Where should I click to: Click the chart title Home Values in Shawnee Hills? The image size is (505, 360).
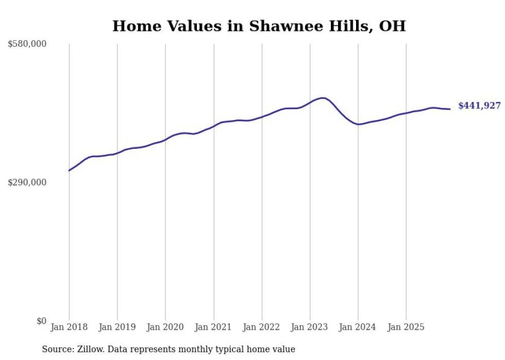(259, 26)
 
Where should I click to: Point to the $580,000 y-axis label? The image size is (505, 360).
(27, 44)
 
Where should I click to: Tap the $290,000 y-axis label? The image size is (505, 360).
(27, 182)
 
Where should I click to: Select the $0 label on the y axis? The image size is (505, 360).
(41, 321)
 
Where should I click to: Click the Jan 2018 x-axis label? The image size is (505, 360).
(69, 327)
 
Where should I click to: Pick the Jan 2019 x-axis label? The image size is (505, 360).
(117, 327)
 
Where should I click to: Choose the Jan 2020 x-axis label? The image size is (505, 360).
(165, 327)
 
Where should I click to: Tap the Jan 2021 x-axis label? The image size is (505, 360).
(213, 327)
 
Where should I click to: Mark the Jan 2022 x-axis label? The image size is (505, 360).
(262, 327)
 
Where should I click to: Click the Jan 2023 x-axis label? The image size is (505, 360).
(310, 327)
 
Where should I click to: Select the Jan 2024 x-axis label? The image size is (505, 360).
(358, 327)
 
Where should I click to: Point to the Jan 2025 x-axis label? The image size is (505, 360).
(406, 327)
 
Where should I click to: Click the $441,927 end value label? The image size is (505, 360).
(479, 106)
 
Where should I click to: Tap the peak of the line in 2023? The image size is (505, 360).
(323, 98)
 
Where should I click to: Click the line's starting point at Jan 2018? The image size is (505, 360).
(69, 170)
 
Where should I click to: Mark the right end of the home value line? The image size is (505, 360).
(450, 109)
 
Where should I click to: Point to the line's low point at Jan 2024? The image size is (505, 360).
(359, 124)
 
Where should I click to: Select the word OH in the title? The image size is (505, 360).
(392, 26)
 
